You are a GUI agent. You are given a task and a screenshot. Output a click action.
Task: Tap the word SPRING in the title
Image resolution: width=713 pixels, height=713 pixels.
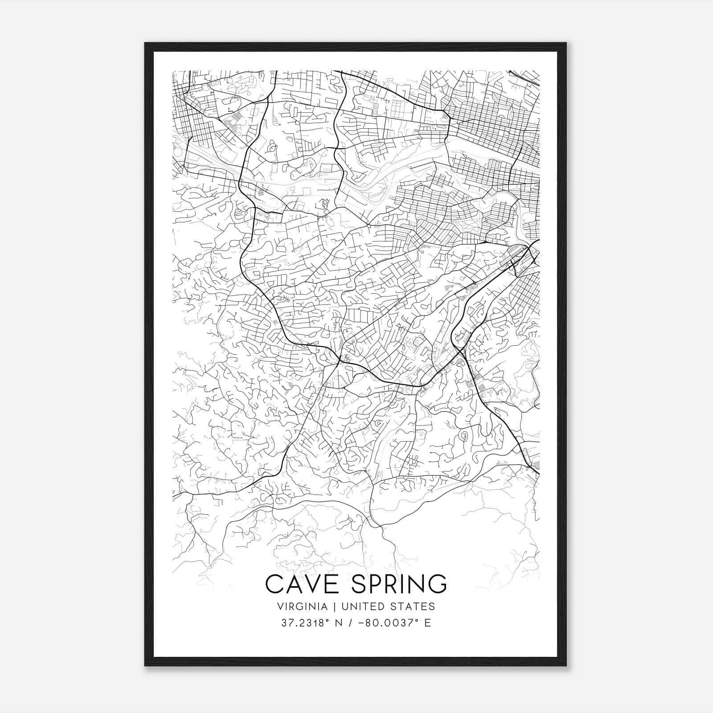pyautogui.click(x=398, y=584)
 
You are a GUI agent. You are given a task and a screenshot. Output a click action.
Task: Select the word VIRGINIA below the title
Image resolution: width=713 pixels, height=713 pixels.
pyautogui.click(x=303, y=606)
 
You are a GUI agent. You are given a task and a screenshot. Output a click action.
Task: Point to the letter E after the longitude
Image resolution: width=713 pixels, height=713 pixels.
pyautogui.click(x=428, y=623)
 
